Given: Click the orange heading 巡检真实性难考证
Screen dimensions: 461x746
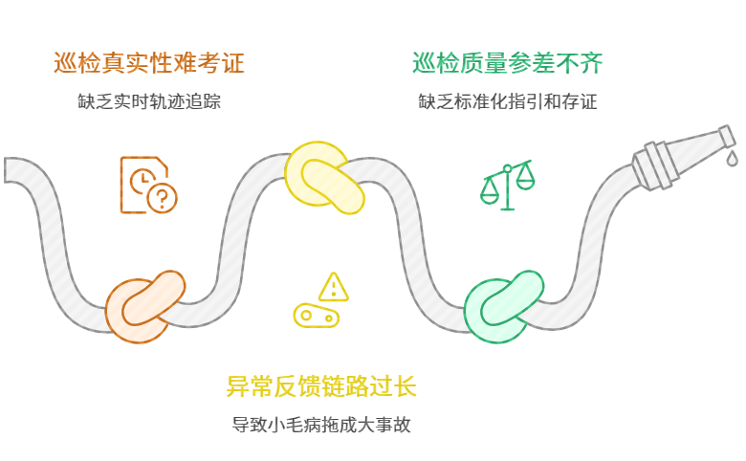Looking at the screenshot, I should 149,64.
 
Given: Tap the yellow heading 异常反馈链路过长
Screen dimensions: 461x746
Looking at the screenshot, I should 321,387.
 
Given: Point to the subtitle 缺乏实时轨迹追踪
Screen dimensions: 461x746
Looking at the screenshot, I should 149,101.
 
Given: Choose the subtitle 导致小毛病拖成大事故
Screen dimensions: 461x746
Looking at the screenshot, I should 321,425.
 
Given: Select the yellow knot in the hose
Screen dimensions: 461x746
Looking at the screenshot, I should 324,178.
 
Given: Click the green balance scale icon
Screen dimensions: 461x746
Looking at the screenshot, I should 507,185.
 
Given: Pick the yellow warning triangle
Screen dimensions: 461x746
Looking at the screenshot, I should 334,286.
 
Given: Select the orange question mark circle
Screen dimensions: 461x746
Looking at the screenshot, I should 163,198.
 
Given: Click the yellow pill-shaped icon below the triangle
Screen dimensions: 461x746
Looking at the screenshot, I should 317,315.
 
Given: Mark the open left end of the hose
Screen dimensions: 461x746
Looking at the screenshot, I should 11,169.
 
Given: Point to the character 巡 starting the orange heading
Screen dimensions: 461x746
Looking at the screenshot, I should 66,64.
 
